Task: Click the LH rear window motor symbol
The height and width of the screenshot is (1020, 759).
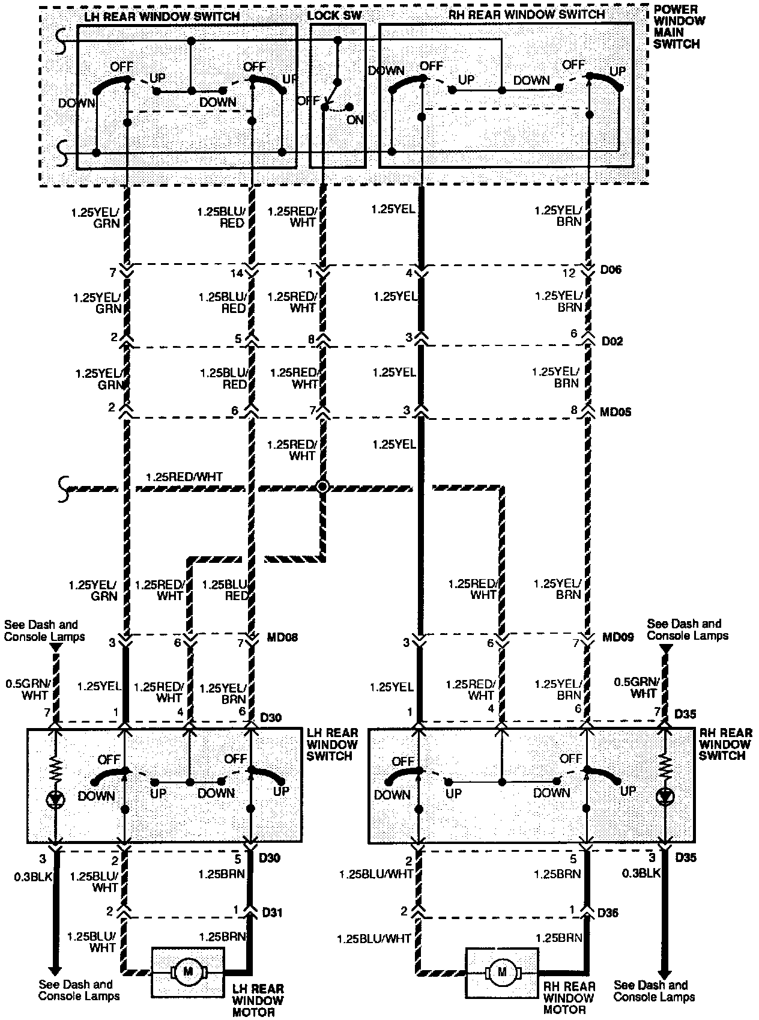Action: (x=188, y=971)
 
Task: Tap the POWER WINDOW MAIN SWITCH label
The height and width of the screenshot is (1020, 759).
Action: (x=676, y=27)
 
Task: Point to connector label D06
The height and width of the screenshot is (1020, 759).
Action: (x=611, y=270)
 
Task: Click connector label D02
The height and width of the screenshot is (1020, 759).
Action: (x=612, y=341)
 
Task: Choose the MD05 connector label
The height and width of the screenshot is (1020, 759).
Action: (x=615, y=413)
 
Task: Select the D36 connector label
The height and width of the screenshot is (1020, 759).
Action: (x=608, y=912)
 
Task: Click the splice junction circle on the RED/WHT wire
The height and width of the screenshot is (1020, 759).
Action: (x=322, y=487)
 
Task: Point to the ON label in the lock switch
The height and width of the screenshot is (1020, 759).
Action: (x=355, y=120)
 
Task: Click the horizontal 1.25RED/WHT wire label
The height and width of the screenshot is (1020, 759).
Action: (x=184, y=478)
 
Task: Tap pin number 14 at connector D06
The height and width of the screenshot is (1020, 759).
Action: (x=237, y=273)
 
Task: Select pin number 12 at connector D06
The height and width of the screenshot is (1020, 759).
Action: (x=569, y=273)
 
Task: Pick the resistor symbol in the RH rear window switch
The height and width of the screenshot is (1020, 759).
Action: (x=665, y=767)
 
